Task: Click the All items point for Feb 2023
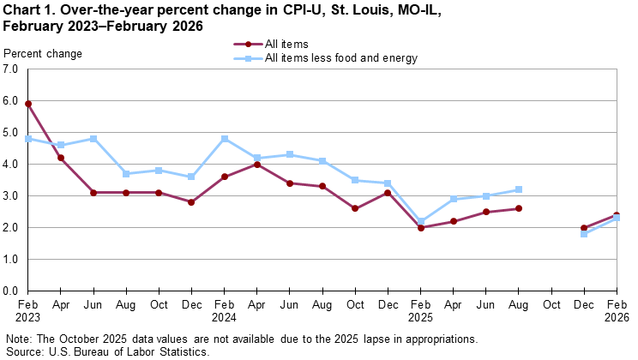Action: tap(28, 104)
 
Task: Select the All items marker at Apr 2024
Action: tap(257, 164)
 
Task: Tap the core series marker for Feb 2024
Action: tap(225, 139)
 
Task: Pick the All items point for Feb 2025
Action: tap(420, 227)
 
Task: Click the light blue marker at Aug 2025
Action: tap(519, 189)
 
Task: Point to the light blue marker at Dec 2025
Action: tap(584, 234)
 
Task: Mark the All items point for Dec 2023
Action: tap(192, 202)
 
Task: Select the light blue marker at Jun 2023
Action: tap(93, 139)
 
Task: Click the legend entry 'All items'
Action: tap(286, 44)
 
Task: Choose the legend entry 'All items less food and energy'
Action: tap(340, 58)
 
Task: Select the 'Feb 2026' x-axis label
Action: tap(617, 309)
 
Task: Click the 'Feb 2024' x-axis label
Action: tap(225, 309)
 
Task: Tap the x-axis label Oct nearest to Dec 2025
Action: tap(551, 303)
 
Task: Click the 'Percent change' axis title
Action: tap(44, 53)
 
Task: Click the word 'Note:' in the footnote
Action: tap(18, 339)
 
